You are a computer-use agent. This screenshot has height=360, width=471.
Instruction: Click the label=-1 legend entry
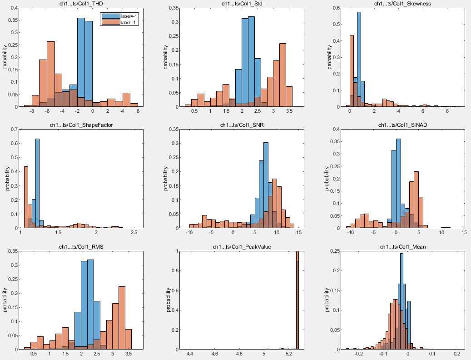pos(129,16)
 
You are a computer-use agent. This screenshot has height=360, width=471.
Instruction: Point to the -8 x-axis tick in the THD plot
pos(32,111)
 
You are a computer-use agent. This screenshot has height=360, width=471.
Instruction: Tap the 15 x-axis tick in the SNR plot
pos(299,232)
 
